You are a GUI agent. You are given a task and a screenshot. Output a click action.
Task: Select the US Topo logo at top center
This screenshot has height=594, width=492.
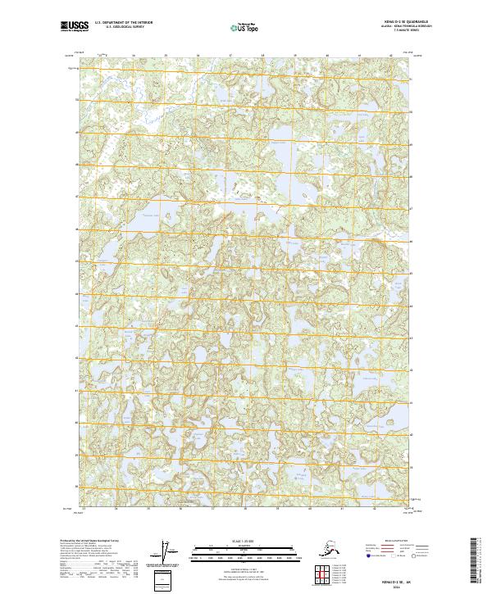pos(246,29)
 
